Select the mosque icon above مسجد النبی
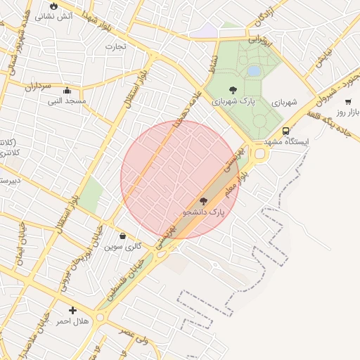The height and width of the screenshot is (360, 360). (67, 90)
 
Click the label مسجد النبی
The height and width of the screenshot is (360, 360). (67, 101)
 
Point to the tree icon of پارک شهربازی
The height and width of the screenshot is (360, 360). (233, 90)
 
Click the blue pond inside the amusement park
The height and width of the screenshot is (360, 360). (254, 71)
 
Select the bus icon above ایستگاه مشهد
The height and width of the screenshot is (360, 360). (285, 131)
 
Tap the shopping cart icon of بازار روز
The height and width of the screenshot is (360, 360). (348, 102)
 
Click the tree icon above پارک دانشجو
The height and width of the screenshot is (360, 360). (203, 201)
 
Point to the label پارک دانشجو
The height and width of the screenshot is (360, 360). (203, 212)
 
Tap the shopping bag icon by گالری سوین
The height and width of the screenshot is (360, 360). (123, 236)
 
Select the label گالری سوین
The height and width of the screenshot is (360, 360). (123, 247)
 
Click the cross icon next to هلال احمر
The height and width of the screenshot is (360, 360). (72, 310)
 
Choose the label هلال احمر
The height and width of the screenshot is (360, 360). (72, 321)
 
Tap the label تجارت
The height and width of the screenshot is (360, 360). (115, 47)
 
